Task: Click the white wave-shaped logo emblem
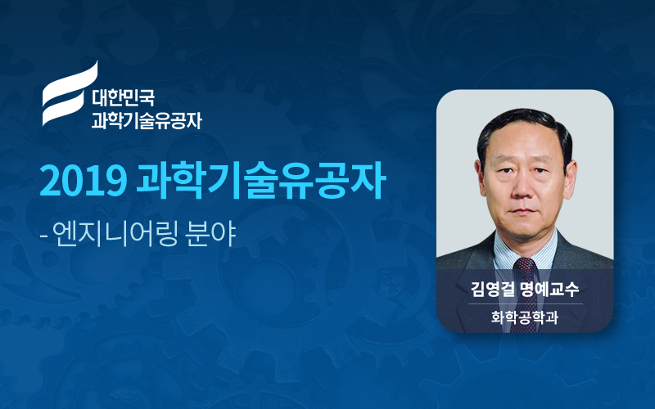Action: coord(70,94)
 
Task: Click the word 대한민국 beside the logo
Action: coord(124,97)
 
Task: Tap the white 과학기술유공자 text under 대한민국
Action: coord(147,119)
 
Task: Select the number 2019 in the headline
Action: coord(84,182)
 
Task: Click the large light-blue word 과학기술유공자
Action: coord(261,182)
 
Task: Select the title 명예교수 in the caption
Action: coord(549,289)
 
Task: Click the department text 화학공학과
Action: coord(525,317)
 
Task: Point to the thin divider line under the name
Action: coord(525,303)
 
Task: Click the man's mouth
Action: coord(523,212)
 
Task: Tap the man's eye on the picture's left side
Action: coord(504,171)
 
